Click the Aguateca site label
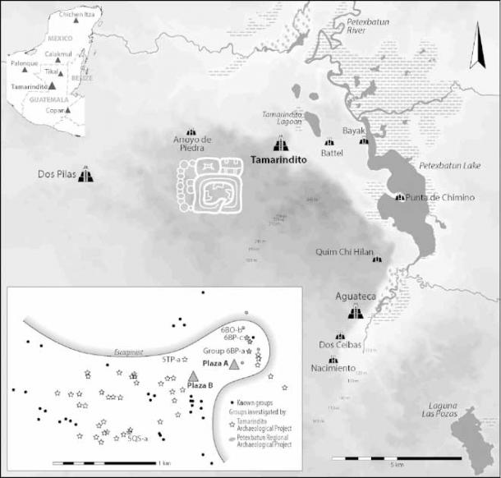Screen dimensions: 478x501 pyautogui.click(x=355, y=297)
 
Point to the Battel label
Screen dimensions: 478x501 pyautogui.click(x=337, y=153)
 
